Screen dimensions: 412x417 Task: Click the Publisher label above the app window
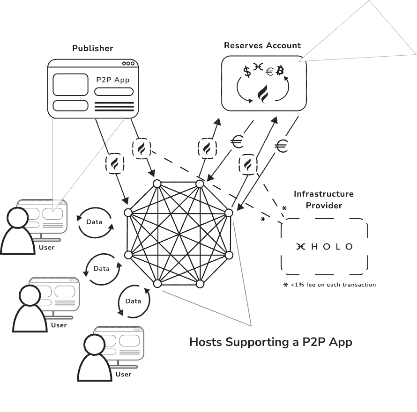click(92, 48)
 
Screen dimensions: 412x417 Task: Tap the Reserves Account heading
click(262, 45)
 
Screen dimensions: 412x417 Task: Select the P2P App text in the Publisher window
click(113, 80)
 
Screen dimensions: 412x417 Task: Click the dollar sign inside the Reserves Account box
click(247, 72)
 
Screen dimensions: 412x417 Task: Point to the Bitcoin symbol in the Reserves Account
click(280, 71)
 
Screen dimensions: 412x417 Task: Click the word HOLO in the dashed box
click(332, 247)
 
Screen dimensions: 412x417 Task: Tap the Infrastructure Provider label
click(324, 199)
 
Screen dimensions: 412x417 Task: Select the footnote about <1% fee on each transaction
click(329, 285)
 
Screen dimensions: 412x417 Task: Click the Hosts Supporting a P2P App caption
click(270, 342)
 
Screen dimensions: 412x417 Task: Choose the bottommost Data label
click(134, 301)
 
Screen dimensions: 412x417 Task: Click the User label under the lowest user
click(123, 374)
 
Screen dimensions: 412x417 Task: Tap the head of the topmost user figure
click(18, 217)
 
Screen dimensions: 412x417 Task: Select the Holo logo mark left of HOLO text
click(300, 247)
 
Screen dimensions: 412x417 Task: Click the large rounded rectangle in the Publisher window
click(70, 85)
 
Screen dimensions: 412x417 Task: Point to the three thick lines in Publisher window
click(114, 107)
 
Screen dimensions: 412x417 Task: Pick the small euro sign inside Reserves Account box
click(269, 72)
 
